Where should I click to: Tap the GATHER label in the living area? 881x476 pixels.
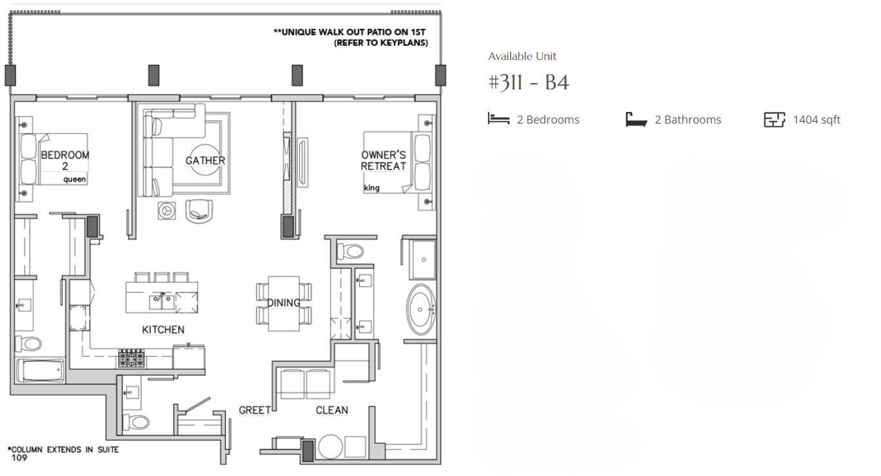(205, 160)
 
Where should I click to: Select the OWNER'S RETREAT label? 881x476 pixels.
(384, 160)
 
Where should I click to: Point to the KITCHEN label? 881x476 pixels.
(163, 330)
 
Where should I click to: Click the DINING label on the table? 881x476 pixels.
(284, 303)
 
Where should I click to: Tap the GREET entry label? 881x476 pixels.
(254, 410)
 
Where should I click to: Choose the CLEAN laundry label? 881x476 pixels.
(332, 410)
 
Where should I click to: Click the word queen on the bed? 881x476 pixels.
(75, 180)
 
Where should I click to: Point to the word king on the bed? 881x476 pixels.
(372, 188)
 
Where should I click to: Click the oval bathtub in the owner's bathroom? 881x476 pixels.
(421, 309)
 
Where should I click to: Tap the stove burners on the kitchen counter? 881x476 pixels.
(131, 358)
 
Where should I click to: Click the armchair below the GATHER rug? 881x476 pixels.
(199, 210)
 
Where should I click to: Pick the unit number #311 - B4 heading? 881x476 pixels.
(528, 83)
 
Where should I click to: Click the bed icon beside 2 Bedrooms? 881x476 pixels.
(499, 119)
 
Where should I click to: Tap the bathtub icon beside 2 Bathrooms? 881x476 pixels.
(636, 120)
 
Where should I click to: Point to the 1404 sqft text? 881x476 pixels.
(817, 120)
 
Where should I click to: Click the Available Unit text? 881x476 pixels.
(522, 57)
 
